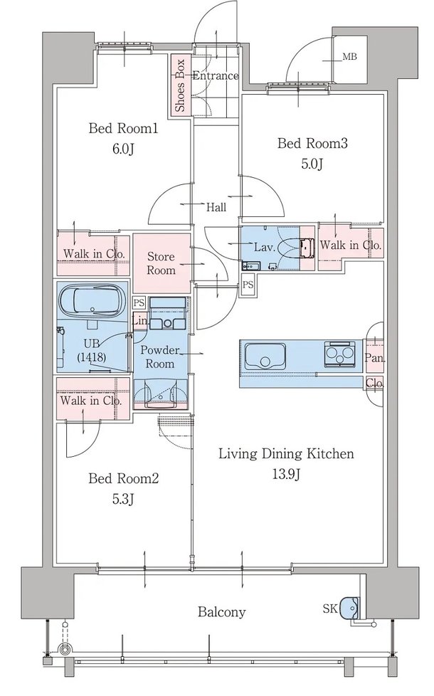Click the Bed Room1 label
pyautogui.click(x=123, y=129)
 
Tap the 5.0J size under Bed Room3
pyautogui.click(x=312, y=164)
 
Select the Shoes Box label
pyautogui.click(x=180, y=85)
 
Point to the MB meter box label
pyautogui.click(x=349, y=57)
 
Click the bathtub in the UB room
pyautogui.click(x=92, y=300)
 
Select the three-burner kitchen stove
pyautogui.click(x=339, y=354)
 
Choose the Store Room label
pyautogui.click(x=161, y=263)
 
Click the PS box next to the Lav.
pyautogui.click(x=248, y=285)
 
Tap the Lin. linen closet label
pyautogui.click(x=140, y=320)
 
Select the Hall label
pyautogui.click(x=216, y=207)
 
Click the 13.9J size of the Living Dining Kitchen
pyautogui.click(x=286, y=475)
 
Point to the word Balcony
pyautogui.click(x=221, y=612)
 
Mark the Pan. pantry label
pyautogui.click(x=375, y=358)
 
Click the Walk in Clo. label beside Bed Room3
pyautogui.click(x=351, y=245)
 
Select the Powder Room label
pyautogui.click(x=160, y=357)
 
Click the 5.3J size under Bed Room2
pyautogui.click(x=123, y=500)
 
